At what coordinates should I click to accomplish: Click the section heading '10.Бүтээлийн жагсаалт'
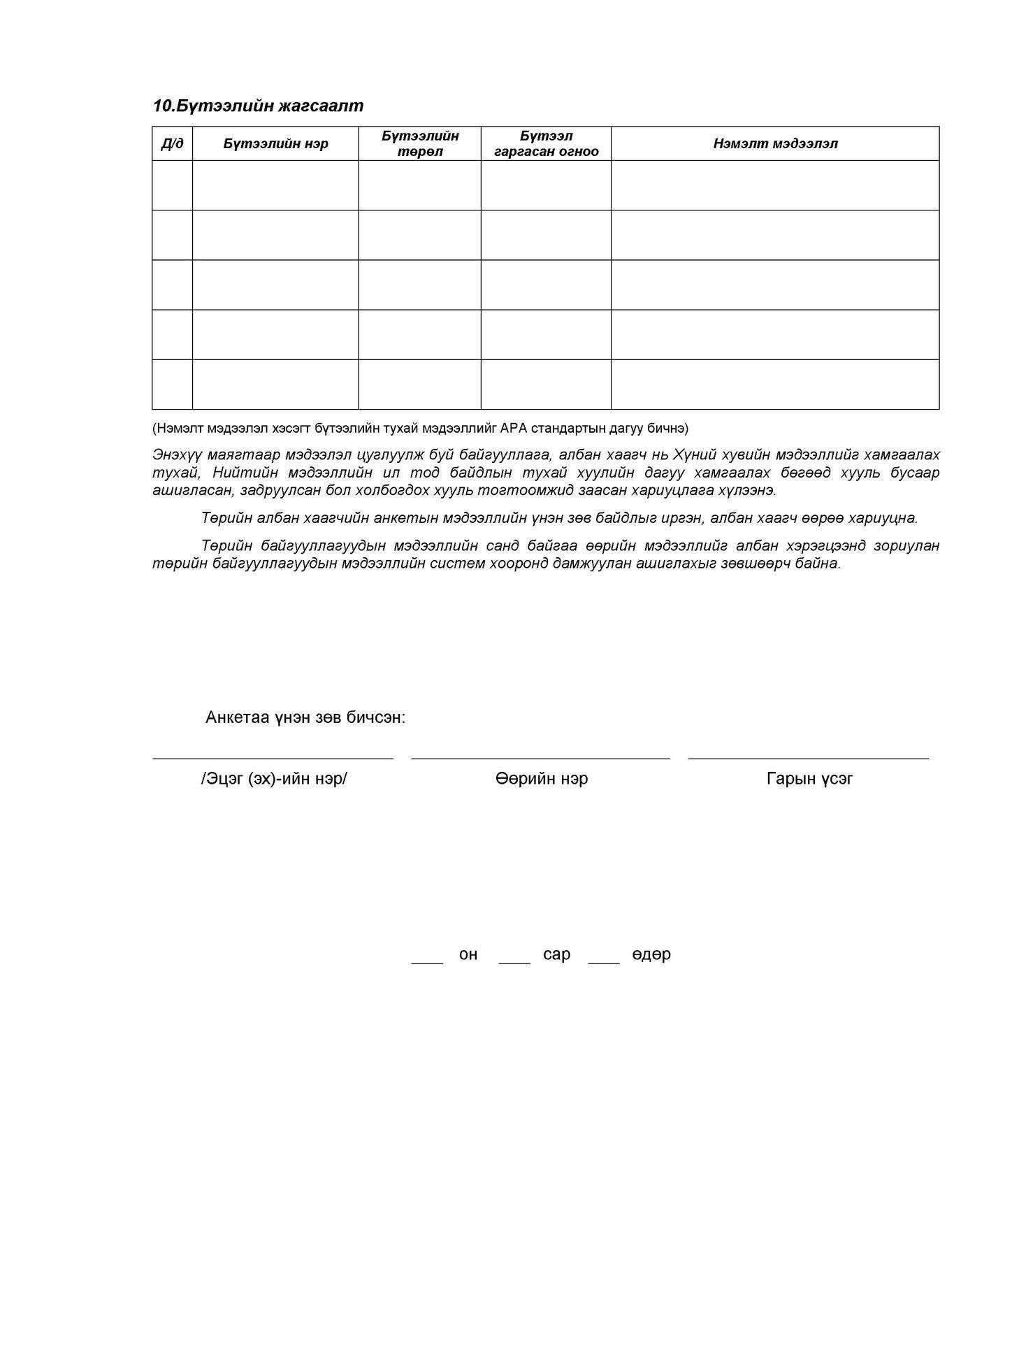258,106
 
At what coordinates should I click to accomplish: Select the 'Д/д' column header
172,144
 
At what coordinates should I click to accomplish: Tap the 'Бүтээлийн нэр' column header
275,144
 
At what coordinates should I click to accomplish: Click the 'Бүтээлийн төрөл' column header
419,143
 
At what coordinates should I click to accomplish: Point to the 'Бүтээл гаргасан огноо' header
546,143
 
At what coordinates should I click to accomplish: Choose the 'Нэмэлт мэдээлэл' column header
775,144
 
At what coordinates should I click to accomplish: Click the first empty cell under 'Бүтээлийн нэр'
275,185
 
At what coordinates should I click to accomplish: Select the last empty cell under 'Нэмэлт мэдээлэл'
775,384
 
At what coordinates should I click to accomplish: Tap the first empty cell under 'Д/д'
172,185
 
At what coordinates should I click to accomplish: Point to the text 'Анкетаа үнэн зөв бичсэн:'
305,717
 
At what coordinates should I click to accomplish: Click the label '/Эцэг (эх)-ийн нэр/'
273,778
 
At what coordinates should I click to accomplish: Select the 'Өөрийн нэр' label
542,778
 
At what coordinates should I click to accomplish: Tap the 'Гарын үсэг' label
809,778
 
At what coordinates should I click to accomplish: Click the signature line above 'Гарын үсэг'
809,757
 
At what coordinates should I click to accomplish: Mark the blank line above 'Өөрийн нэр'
540,757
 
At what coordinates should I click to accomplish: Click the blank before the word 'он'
427,961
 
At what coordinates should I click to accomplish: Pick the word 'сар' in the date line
556,954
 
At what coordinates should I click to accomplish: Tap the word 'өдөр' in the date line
651,954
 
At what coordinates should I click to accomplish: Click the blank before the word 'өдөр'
604,961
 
